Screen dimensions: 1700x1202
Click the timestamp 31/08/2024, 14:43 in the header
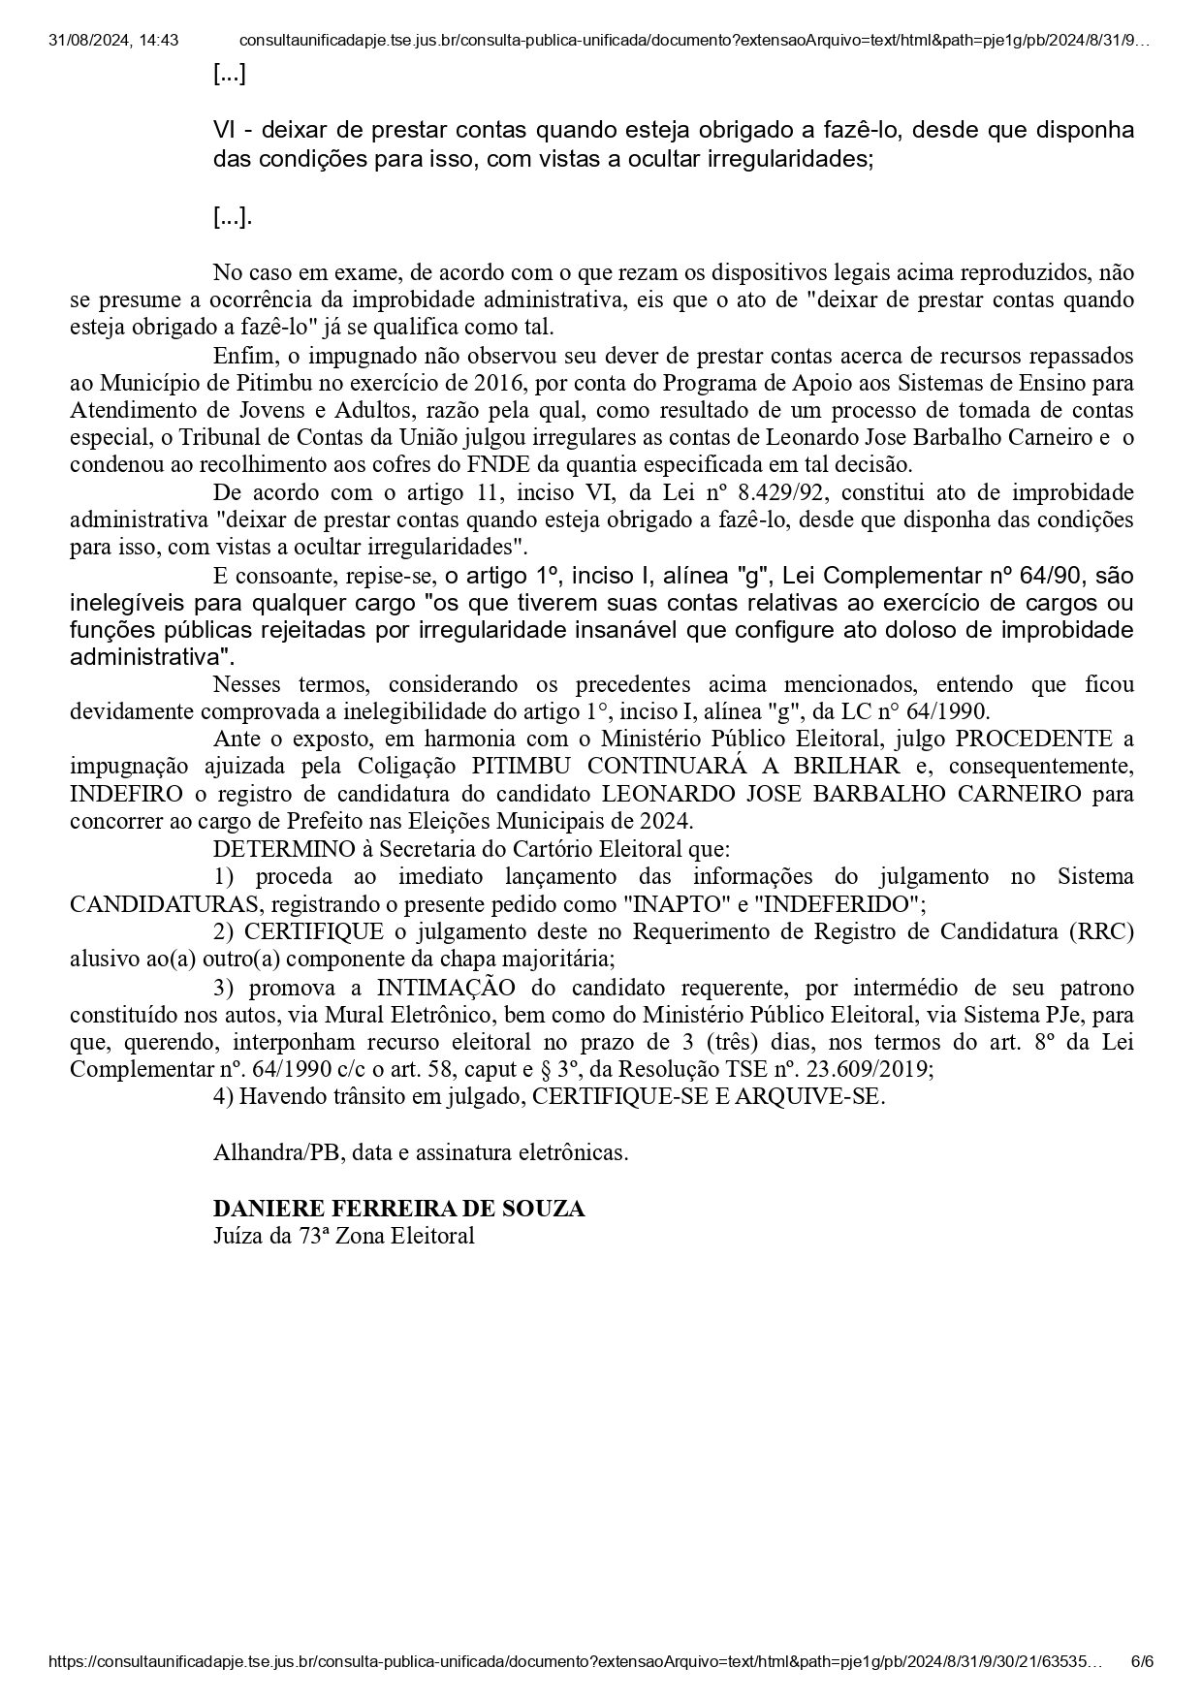[x=113, y=41]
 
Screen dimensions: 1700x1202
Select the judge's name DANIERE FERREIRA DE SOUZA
[x=398, y=1209]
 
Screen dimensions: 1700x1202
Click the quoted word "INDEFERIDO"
[x=837, y=904]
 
